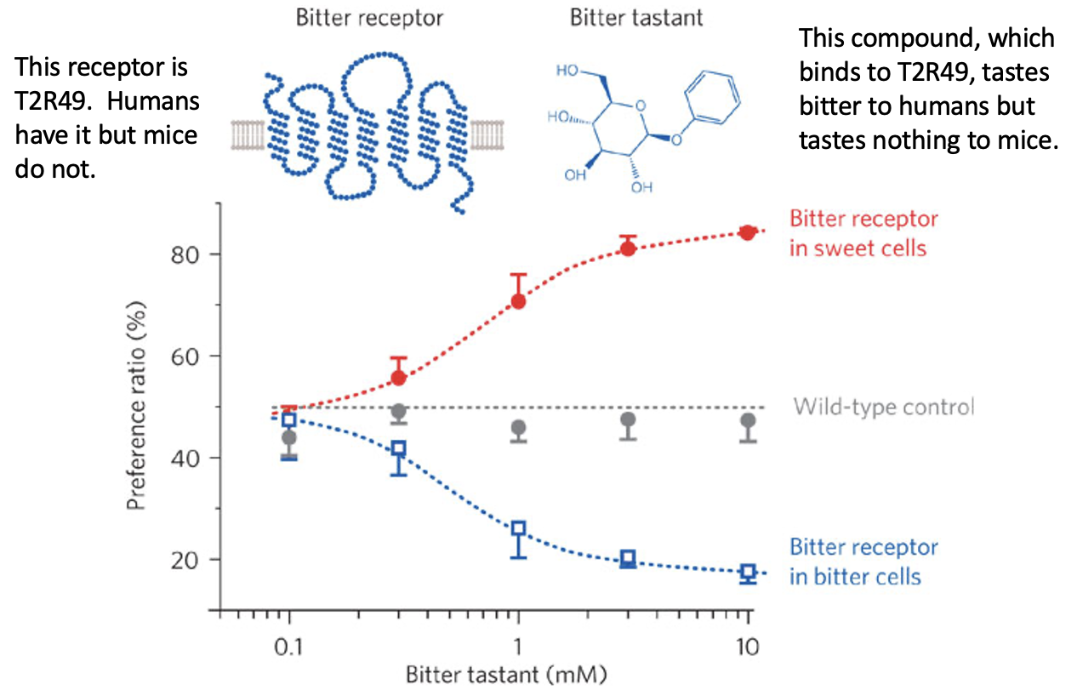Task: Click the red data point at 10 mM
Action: click(x=748, y=232)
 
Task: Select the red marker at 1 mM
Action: click(x=518, y=301)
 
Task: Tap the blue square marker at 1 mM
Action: click(x=518, y=529)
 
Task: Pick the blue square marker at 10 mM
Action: click(x=748, y=572)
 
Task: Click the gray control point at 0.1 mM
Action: click(x=289, y=437)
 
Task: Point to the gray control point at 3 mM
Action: click(x=628, y=419)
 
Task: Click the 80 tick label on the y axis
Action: click(x=185, y=254)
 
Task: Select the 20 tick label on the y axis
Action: click(x=185, y=560)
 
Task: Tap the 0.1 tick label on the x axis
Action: click(x=288, y=644)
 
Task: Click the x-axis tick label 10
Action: click(x=748, y=644)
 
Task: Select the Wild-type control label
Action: click(x=883, y=407)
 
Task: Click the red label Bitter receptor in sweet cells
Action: click(x=863, y=234)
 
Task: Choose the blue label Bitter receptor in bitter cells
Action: click(x=863, y=562)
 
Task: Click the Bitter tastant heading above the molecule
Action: click(x=625, y=18)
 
